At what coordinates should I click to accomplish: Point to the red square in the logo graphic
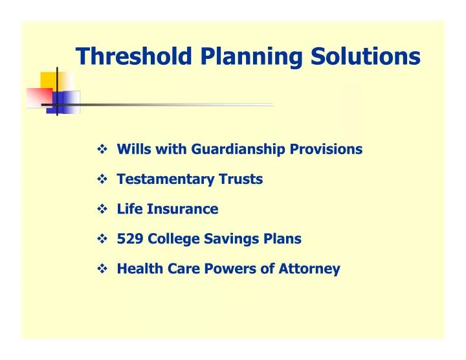click(x=38, y=96)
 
